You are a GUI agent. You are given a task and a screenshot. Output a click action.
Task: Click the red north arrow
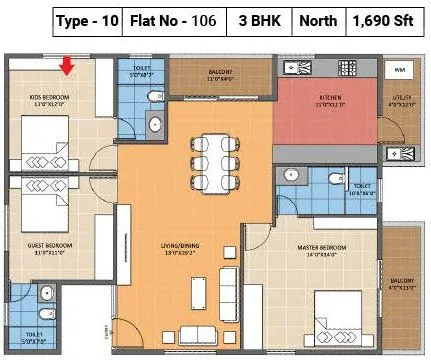[x=67, y=66]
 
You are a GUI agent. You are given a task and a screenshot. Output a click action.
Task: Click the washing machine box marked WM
[x=400, y=71]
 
